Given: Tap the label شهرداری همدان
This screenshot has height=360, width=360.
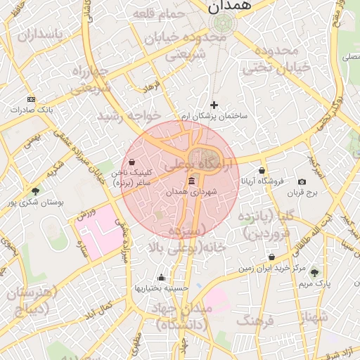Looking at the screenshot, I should pos(192,191).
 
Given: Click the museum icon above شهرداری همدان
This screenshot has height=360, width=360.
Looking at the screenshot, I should pos(192,181).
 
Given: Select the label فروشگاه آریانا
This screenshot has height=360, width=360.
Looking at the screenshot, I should pos(262,181).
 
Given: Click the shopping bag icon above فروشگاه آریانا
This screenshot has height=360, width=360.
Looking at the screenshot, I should pos(262,170).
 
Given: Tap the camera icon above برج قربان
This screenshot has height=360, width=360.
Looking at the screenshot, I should pos(302,181).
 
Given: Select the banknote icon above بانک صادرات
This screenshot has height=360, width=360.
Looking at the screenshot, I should pos(31,100).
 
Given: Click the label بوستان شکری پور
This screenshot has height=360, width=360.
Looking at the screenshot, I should pos(35,202).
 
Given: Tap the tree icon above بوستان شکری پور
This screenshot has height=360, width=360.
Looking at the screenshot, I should pos(35,191).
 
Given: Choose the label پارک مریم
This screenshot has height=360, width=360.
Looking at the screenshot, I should pos(314,283).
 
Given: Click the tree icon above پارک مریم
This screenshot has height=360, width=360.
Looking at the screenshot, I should pos(314,273).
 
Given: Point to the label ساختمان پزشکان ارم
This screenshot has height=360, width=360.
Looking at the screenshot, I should pos(214,115).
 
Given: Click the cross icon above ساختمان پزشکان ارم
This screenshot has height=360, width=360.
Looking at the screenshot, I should pos(214,105).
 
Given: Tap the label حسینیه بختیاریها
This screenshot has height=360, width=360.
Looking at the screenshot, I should pos(162,288).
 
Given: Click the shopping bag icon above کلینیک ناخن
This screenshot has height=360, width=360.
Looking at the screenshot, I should pos(131,162).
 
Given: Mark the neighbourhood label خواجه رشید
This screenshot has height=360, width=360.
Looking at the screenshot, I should pos(129,115).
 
